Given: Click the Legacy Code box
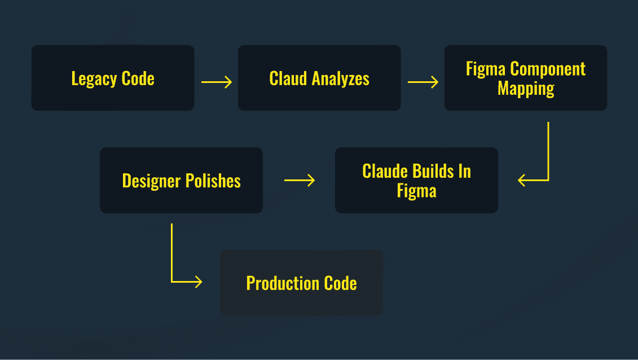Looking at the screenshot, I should [x=113, y=78].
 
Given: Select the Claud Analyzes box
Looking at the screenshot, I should [x=319, y=78].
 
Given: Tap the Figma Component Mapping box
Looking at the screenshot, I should [x=526, y=78].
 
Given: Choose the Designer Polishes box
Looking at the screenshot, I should [x=181, y=181].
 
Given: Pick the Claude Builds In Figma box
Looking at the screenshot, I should [x=416, y=181].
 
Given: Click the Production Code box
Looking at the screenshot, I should [x=301, y=283].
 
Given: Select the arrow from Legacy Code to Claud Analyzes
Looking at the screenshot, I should [x=217, y=82].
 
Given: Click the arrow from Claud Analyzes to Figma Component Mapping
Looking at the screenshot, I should [x=423, y=82].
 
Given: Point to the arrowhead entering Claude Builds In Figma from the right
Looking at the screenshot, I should [x=522, y=180].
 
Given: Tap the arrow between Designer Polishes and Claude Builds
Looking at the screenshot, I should [x=300, y=180].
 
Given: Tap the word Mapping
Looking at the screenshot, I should [x=526, y=88].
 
